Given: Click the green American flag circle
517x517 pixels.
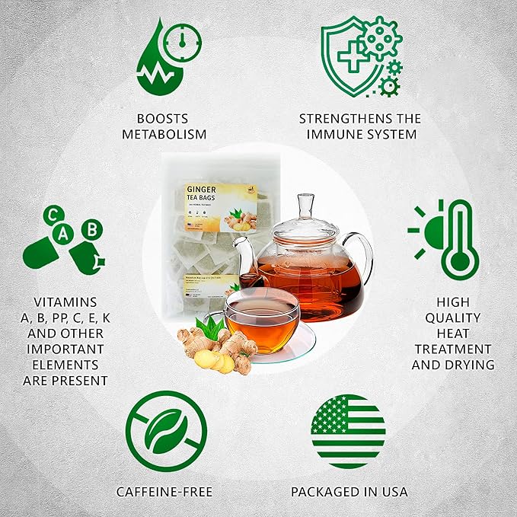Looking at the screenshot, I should (x=348, y=431).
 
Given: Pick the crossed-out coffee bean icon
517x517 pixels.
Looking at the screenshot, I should (x=165, y=431).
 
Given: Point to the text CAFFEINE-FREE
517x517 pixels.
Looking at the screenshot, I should (x=164, y=492).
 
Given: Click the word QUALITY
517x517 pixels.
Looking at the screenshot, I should (x=453, y=318).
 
